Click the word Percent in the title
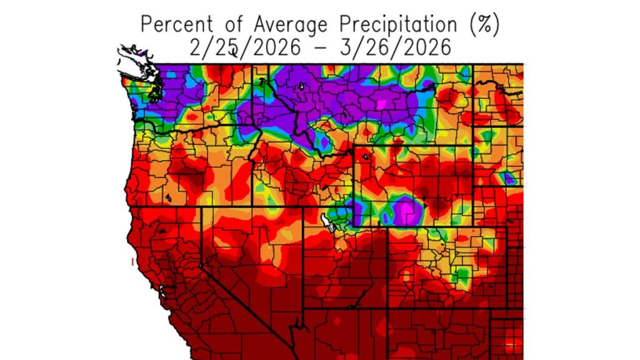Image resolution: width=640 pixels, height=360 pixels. click(x=176, y=25)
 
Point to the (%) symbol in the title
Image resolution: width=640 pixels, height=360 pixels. click(x=484, y=25)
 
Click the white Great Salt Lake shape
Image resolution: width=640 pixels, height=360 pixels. click(x=326, y=221)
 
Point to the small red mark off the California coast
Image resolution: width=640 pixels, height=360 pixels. click(x=132, y=261)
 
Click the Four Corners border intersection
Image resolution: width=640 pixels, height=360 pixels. click(x=387, y=307)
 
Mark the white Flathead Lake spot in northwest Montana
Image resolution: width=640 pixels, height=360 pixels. click(x=301, y=86)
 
